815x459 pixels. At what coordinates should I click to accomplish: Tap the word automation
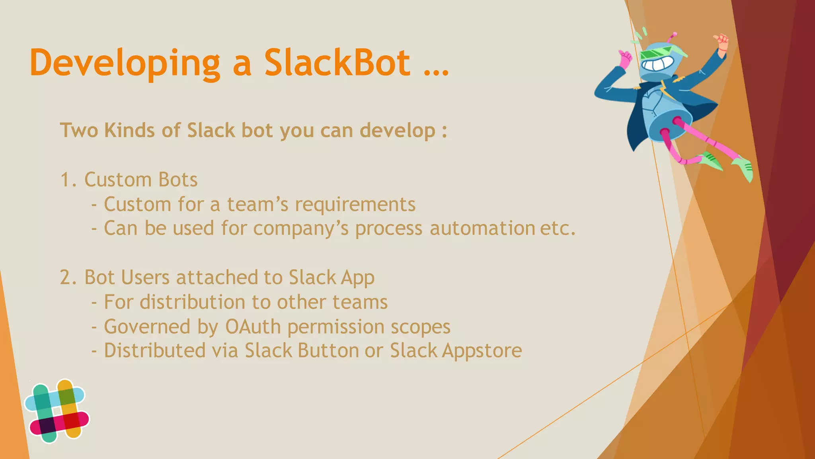(482, 228)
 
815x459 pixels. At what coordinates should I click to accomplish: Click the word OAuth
(253, 327)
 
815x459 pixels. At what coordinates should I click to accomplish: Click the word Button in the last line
(328, 351)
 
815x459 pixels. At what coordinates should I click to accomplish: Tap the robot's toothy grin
(658, 65)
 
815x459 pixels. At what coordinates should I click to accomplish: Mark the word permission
(335, 327)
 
